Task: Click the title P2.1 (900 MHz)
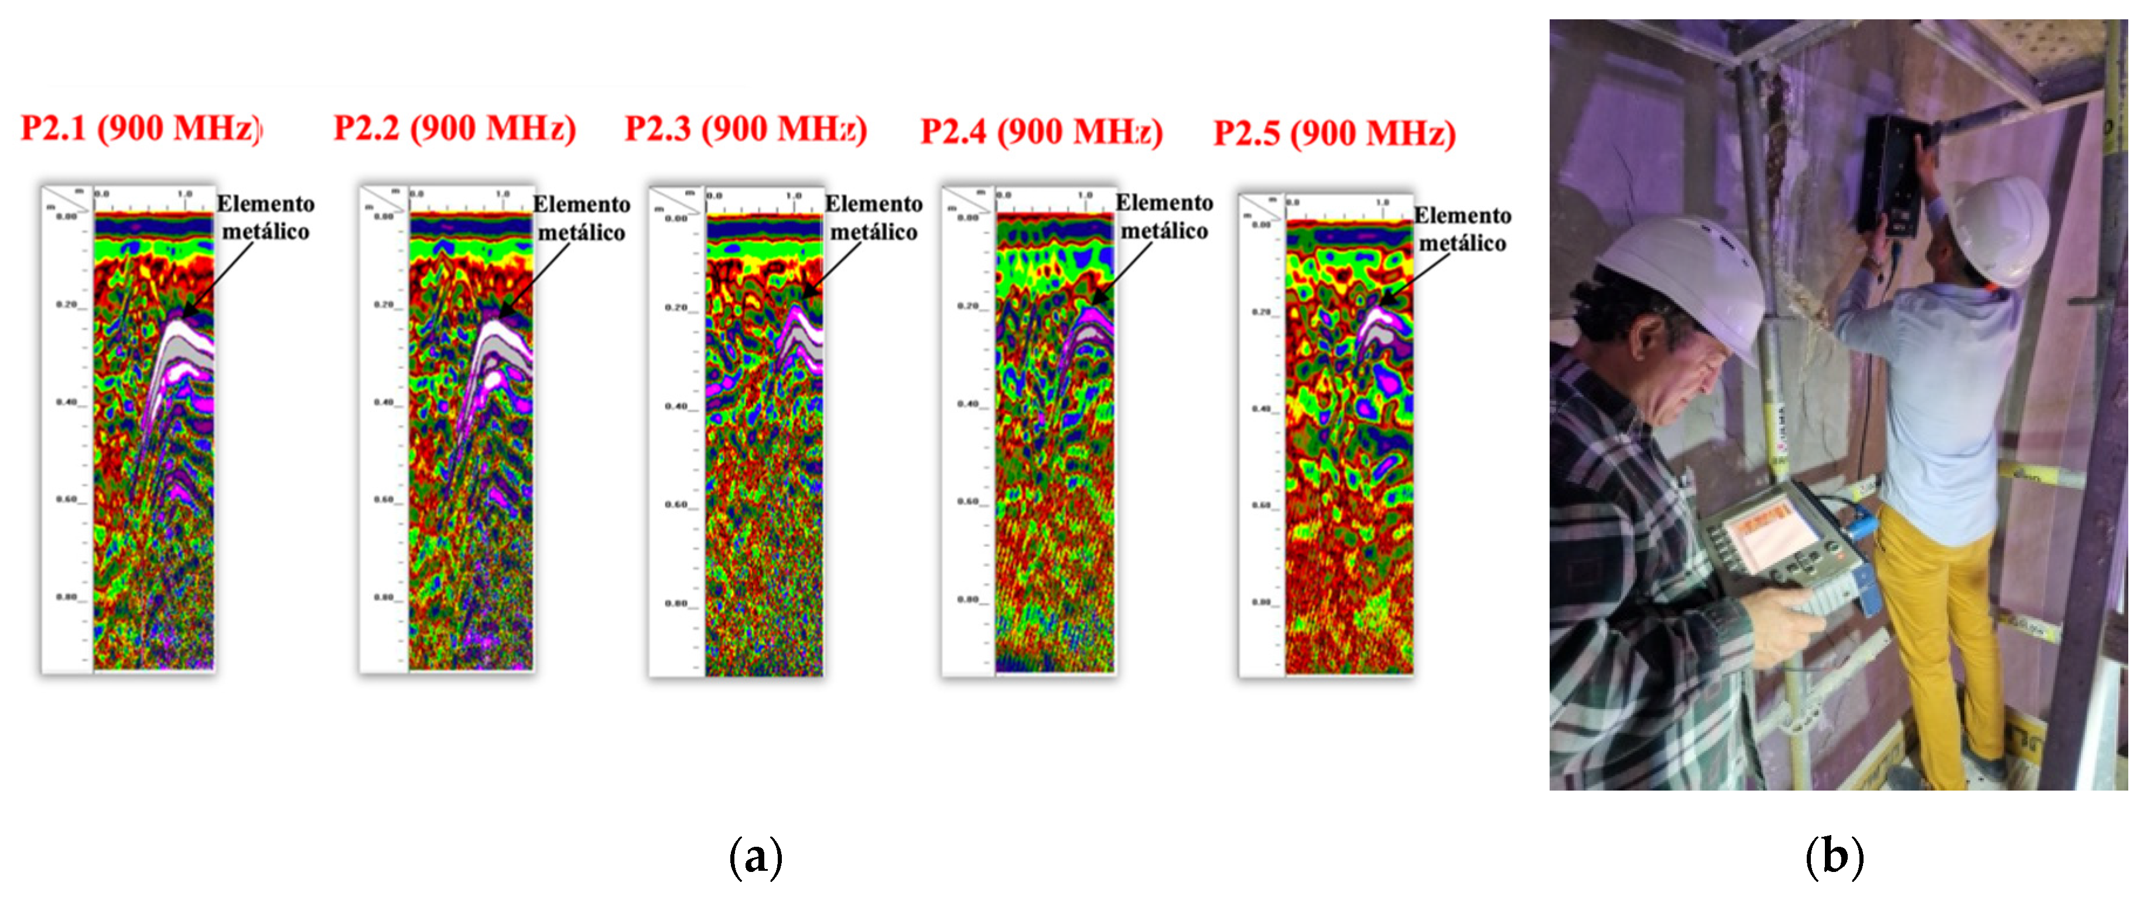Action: [x=140, y=128]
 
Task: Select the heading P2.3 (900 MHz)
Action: [x=746, y=129]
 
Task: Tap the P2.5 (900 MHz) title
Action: [x=1334, y=134]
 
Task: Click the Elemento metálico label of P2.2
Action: [x=581, y=218]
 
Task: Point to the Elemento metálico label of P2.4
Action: [x=1164, y=217]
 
